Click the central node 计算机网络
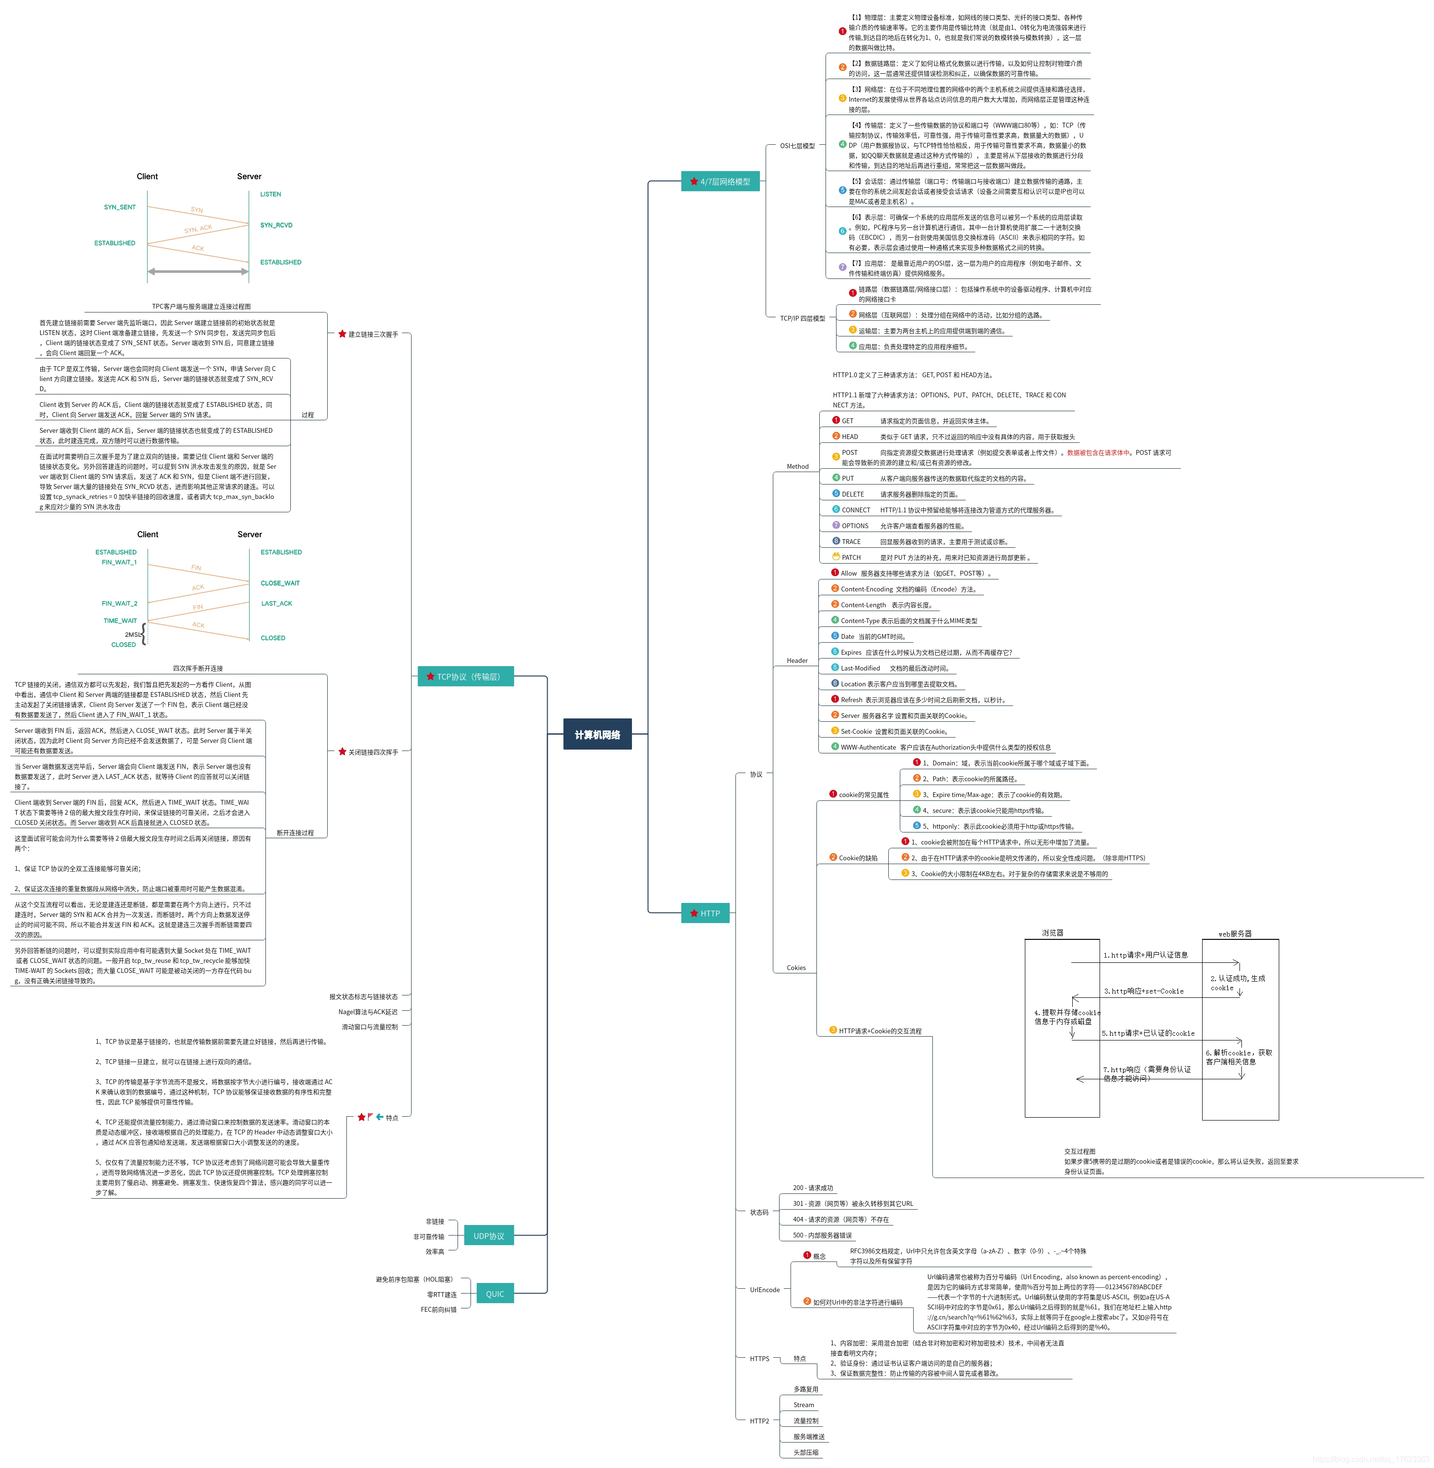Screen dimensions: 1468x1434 point(597,734)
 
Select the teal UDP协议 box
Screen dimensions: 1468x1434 point(489,1236)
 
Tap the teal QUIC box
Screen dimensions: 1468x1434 point(495,1294)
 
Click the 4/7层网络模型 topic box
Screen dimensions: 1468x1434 point(720,182)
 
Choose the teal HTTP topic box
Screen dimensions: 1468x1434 point(705,913)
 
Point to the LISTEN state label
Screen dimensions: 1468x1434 point(270,194)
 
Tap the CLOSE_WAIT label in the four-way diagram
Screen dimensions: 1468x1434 point(280,583)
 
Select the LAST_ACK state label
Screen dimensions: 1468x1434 point(276,603)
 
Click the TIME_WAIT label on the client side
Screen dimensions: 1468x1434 point(121,621)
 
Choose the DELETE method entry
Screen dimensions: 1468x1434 point(852,494)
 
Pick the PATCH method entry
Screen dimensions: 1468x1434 point(851,557)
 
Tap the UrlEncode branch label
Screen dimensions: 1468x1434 point(765,1290)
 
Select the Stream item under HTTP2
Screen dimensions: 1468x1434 point(803,1405)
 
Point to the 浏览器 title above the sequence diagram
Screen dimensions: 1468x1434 point(1052,933)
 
